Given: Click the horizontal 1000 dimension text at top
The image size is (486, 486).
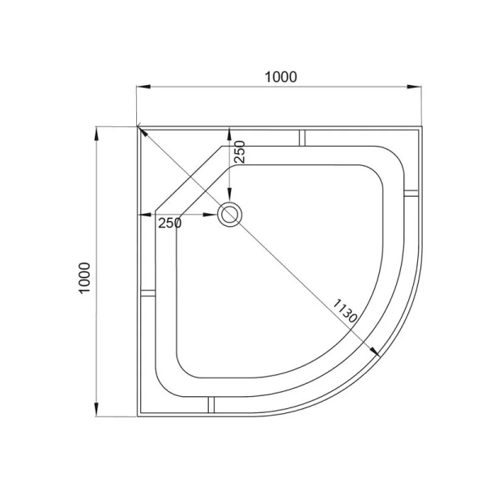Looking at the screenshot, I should (281, 77).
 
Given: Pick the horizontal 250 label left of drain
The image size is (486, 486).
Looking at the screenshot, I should (169, 223).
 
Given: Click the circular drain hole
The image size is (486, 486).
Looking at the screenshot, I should (230, 215).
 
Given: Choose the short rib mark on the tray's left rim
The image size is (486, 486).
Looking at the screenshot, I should (149, 292).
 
